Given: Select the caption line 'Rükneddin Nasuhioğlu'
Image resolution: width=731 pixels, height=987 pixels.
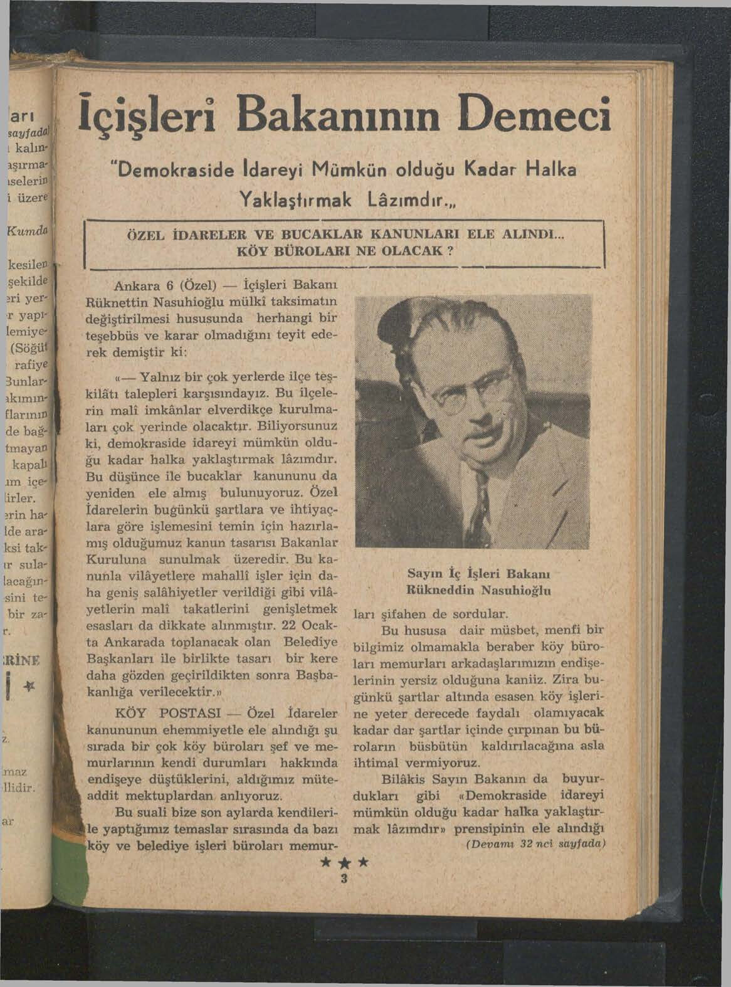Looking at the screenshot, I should click(x=479, y=590).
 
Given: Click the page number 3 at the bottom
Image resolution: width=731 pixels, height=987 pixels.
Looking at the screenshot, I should click(x=343, y=879).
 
